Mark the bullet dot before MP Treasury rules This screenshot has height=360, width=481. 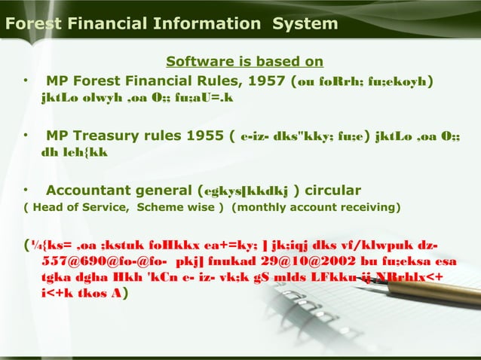[25, 136]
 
